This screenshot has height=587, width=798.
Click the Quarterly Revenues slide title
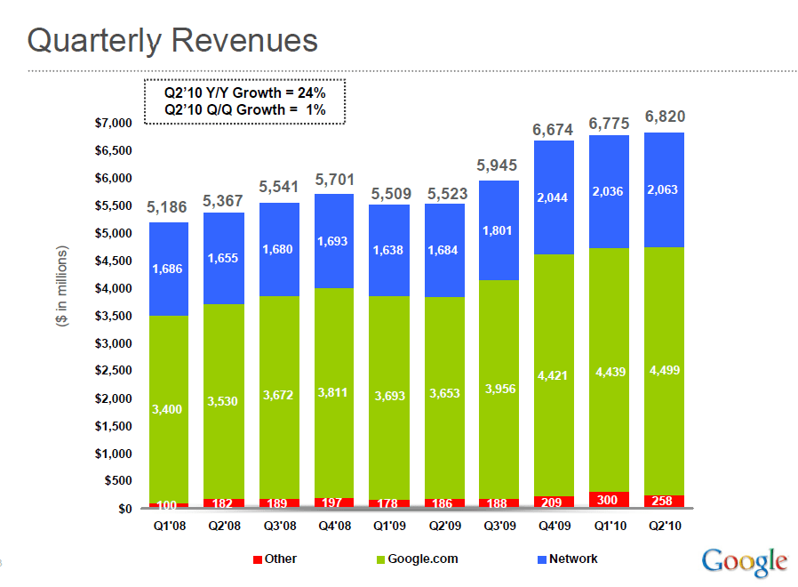pyautogui.click(x=172, y=40)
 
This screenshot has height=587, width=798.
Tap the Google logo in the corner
pyautogui.click(x=745, y=560)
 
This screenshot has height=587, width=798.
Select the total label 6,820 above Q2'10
pyautogui.click(x=666, y=117)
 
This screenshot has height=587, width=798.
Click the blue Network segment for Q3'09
pyautogui.click(x=500, y=230)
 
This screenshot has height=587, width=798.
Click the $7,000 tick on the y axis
pyautogui.click(x=113, y=123)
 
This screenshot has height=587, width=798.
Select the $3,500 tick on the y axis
pyautogui.click(x=113, y=316)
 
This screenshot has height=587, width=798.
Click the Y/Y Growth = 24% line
pyautogui.click(x=244, y=92)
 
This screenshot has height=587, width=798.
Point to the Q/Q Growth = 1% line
pyautogui.click(x=244, y=109)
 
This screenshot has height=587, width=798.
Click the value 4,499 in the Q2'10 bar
pyautogui.click(x=666, y=371)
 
